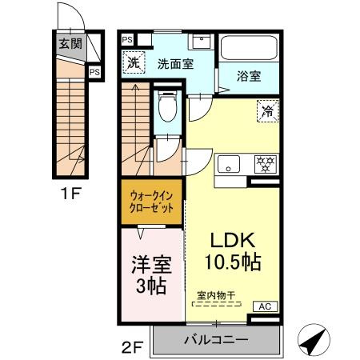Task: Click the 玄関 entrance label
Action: click(x=68, y=44)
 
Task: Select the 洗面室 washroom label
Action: click(x=174, y=64)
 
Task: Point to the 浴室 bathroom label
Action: click(x=248, y=77)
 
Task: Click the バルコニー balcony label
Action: click(x=216, y=338)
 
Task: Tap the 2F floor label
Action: click(x=132, y=347)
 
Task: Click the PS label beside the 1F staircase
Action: click(x=94, y=71)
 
